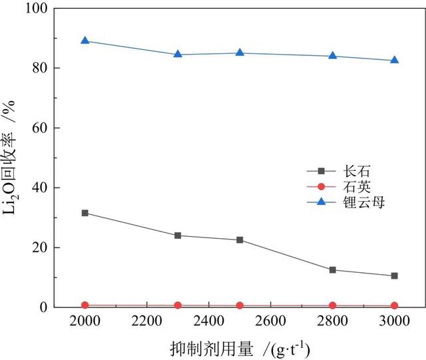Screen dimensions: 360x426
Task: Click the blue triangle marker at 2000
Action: coord(85,41)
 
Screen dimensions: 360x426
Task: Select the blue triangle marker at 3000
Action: coord(395,60)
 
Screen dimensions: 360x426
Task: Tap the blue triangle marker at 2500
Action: coord(240,53)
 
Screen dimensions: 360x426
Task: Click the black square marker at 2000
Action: coord(85,213)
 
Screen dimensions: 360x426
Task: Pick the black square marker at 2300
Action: coord(178,236)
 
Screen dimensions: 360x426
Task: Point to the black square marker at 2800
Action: coord(333,270)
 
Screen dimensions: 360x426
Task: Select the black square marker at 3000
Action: coord(395,275)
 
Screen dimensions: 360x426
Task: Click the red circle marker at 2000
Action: coord(85,305)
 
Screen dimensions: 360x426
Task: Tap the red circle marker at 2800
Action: coord(333,305)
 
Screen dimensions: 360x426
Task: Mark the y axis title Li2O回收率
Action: coord(11,160)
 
